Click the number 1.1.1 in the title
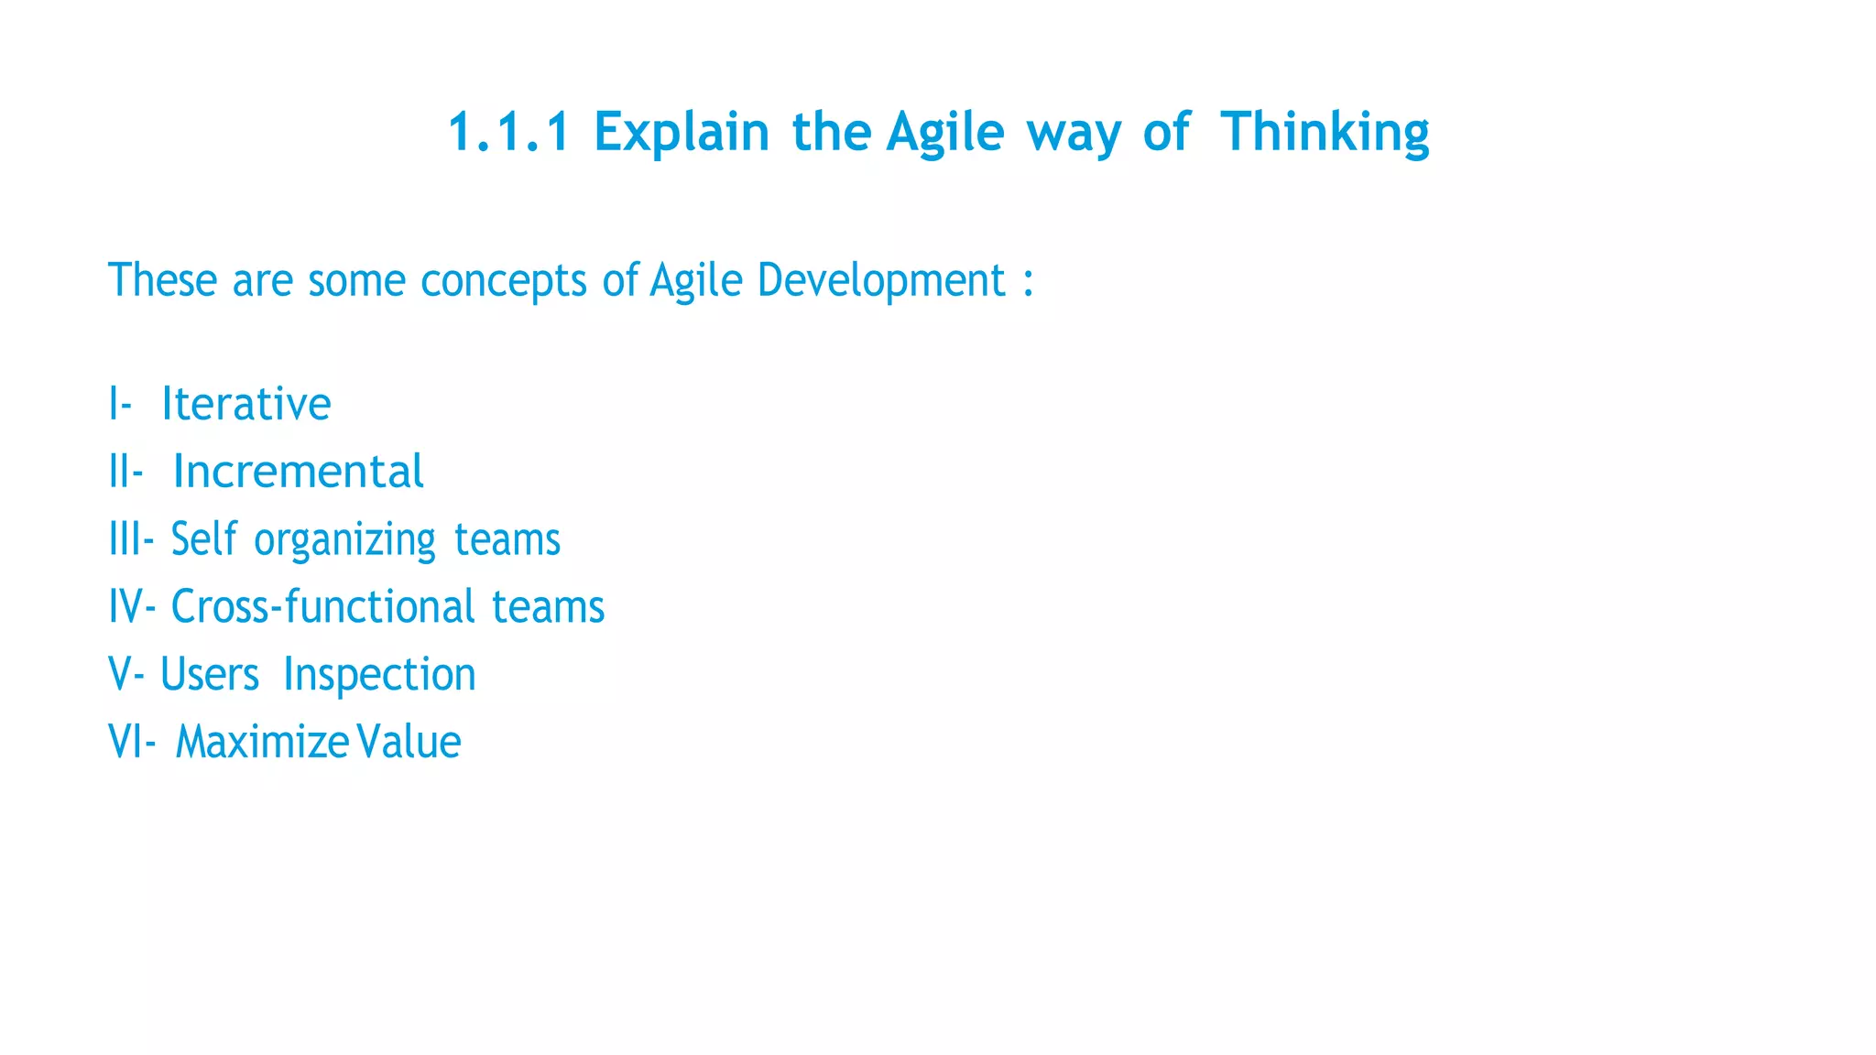click(508, 132)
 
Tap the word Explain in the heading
click(682, 132)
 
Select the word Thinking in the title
click(1325, 132)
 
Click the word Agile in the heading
click(945, 132)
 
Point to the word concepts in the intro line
click(503, 280)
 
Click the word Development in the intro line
click(881, 280)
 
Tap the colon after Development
click(1029, 282)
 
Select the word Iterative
click(245, 404)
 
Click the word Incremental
click(298, 472)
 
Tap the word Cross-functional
click(323, 606)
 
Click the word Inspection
click(379, 675)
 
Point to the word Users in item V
click(210, 675)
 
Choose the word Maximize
click(261, 742)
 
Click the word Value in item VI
click(409, 742)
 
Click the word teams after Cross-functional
click(548, 606)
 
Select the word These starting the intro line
click(163, 280)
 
